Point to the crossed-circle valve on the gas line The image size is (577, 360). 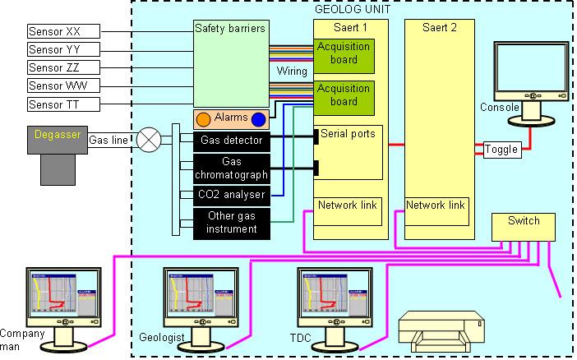pyautogui.click(x=149, y=141)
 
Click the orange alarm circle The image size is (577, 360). pyautogui.click(x=203, y=119)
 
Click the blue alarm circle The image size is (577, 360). pyautogui.click(x=259, y=119)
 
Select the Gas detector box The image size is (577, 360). pyautogui.click(x=231, y=141)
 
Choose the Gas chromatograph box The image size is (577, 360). pyautogui.click(x=231, y=168)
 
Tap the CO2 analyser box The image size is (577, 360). pyautogui.click(x=231, y=195)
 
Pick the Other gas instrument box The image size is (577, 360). pyautogui.click(x=231, y=223)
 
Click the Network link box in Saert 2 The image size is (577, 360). pyautogui.click(x=436, y=205)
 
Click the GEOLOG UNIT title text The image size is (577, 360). pyautogui.click(x=353, y=9)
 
